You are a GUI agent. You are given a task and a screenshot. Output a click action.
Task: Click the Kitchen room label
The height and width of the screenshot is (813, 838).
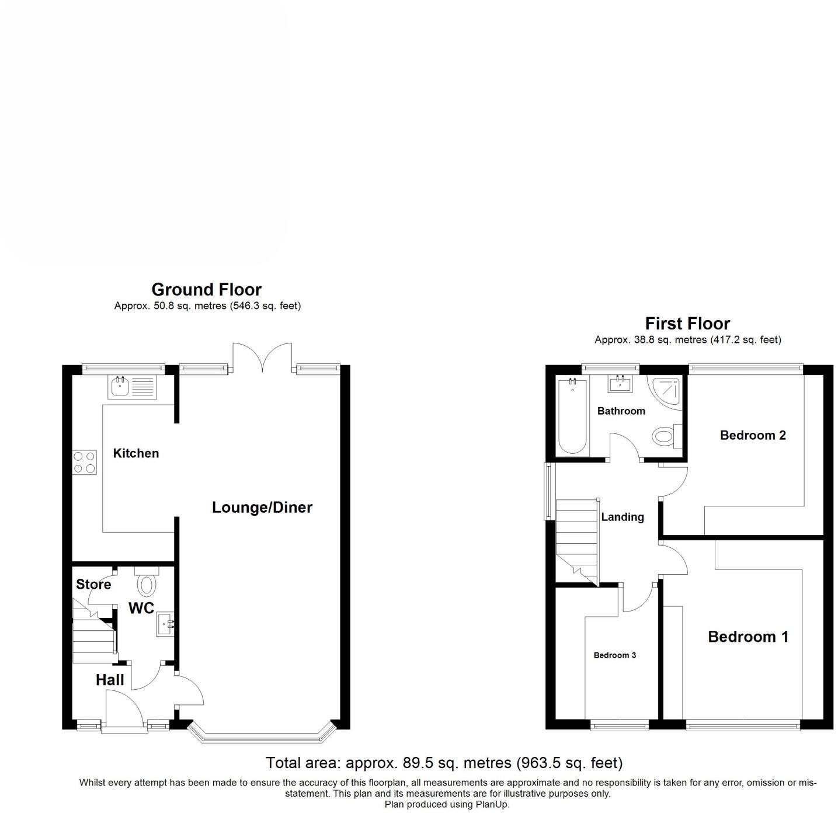[135, 453]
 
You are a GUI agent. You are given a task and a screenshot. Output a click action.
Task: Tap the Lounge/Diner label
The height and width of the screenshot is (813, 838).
[262, 508]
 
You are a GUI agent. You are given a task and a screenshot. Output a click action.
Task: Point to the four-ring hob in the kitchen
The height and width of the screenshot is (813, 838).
[84, 462]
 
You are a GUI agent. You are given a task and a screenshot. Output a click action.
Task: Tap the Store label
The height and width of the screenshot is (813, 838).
[93, 585]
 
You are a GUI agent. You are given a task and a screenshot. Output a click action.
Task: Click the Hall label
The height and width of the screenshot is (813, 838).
[110, 680]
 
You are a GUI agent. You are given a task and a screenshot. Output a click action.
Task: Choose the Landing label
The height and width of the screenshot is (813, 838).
[623, 517]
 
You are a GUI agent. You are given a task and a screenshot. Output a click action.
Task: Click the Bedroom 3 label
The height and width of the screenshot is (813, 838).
[614, 655]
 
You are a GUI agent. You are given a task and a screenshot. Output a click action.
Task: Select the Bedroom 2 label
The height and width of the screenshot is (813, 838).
[753, 435]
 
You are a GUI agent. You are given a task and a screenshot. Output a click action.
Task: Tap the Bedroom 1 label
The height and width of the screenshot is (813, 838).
[748, 637]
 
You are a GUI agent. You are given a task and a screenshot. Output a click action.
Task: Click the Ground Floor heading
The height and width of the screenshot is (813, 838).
[206, 290]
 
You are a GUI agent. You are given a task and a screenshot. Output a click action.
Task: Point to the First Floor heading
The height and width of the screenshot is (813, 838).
[687, 324]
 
